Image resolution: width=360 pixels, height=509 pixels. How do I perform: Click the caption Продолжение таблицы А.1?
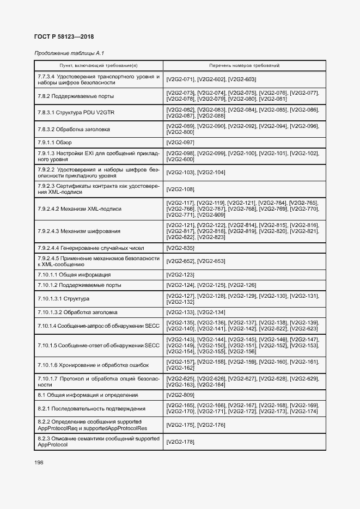(69, 53)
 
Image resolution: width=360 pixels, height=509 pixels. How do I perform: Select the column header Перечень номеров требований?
(244, 65)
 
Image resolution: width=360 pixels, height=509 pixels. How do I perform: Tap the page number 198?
(39, 462)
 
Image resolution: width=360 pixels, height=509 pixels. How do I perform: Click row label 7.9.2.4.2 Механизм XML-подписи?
(80, 209)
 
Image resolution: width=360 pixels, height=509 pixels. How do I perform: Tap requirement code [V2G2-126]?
(242, 285)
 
